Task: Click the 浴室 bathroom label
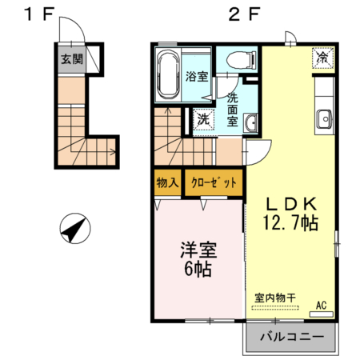[x=197, y=78]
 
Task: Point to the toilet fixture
[x=238, y=58]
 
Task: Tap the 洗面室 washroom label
[x=232, y=110]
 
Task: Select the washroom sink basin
[x=250, y=122]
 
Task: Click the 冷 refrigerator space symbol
[x=322, y=58]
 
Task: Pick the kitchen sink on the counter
[x=324, y=120]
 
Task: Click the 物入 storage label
[x=167, y=182]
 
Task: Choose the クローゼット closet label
[x=213, y=182]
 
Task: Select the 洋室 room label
[x=195, y=249]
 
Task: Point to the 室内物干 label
[x=274, y=297]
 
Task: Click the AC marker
[x=321, y=305]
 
